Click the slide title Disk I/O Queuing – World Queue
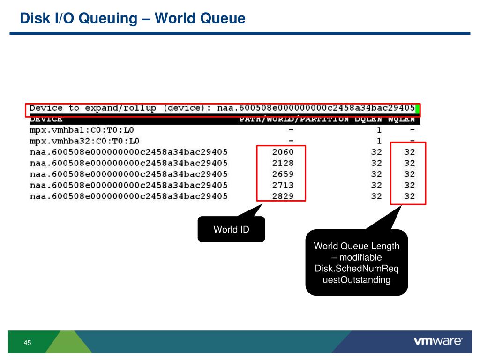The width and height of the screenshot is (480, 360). tap(133, 18)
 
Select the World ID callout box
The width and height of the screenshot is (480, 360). tap(231, 230)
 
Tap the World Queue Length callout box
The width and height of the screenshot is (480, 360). tap(356, 263)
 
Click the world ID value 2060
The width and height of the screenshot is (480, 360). tap(283, 152)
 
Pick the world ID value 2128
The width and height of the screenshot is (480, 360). tap(283, 163)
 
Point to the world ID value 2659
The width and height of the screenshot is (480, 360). tap(283, 174)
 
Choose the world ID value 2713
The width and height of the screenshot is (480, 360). tap(283, 185)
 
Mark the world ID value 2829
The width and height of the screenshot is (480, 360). tap(283, 196)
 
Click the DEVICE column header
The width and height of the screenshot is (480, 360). tap(46, 120)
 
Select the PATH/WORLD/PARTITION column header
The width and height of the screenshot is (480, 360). tap(294, 120)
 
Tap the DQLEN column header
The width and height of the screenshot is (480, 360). tap(368, 120)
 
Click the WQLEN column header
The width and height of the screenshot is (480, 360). tap(401, 120)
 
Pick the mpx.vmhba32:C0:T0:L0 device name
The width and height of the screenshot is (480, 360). tap(84, 141)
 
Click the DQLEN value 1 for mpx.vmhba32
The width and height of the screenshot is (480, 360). tap(379, 141)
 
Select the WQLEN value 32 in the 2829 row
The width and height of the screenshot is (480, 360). tap(410, 196)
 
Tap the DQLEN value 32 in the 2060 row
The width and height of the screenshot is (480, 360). tap(376, 152)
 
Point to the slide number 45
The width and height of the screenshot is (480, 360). tap(27, 343)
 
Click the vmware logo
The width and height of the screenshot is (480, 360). tap(438, 341)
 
